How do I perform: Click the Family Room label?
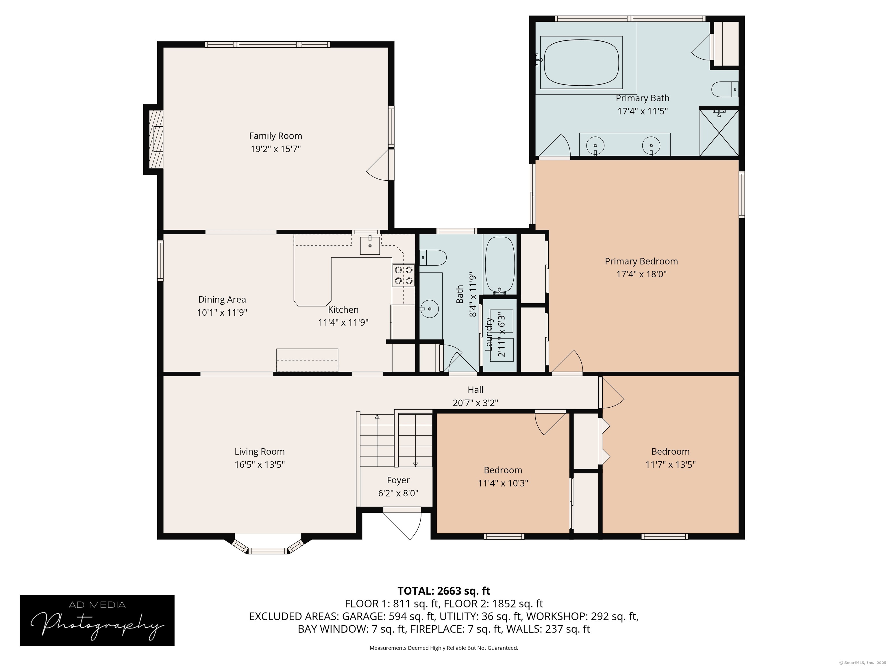tap(275, 136)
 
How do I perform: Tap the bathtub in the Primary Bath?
tap(581, 62)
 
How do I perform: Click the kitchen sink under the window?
tap(370, 245)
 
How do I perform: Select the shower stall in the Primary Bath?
tap(719, 132)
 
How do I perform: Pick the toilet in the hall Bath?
tap(433, 257)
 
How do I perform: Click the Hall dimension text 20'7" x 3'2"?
tap(475, 403)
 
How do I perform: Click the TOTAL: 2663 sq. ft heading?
tap(444, 591)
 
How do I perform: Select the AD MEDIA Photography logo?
tap(97, 620)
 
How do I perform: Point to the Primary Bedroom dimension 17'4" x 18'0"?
tap(641, 274)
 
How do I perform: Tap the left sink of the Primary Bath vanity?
tap(596, 145)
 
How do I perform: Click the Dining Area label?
tap(222, 299)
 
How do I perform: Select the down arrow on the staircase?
tap(415, 464)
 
